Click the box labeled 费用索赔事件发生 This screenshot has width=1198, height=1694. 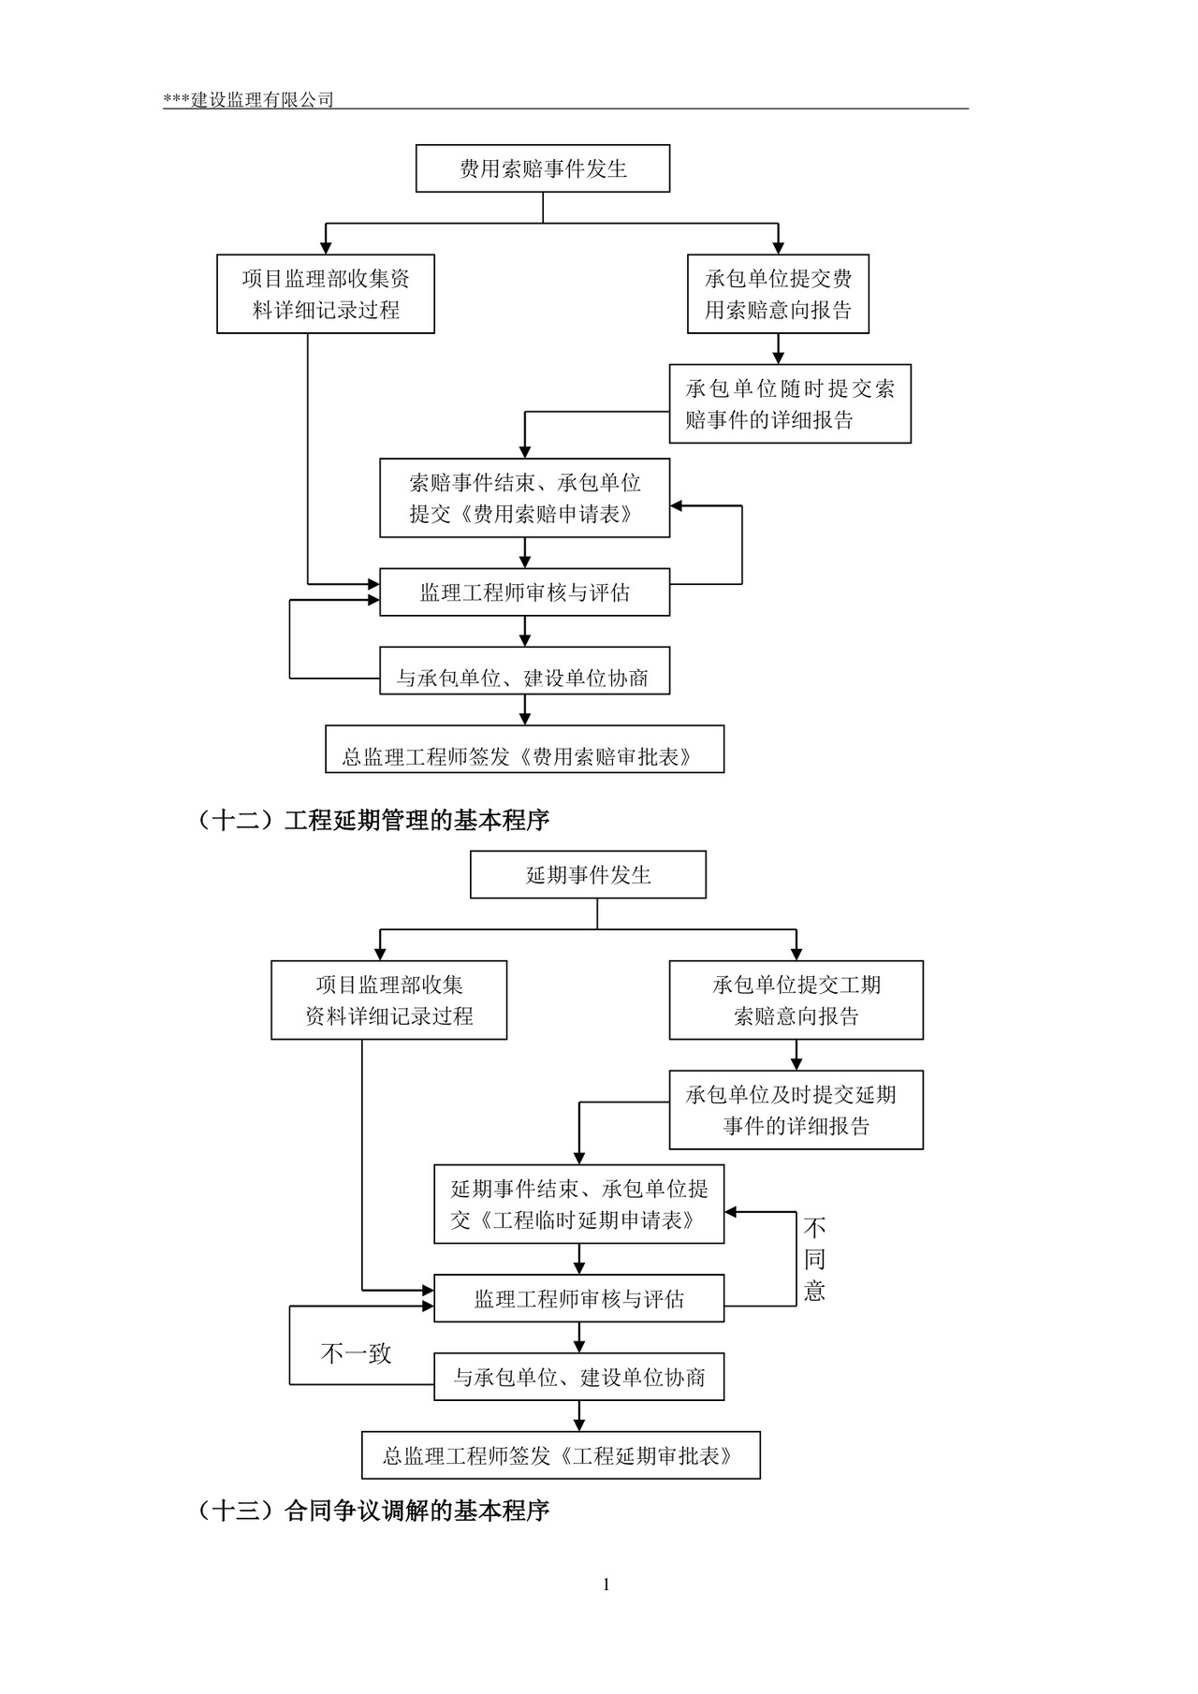543,168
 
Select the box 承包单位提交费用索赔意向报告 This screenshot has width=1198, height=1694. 778,294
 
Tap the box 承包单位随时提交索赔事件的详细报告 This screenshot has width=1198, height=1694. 790,403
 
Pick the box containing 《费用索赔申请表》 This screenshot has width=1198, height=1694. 524,498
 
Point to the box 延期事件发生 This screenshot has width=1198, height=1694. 588,875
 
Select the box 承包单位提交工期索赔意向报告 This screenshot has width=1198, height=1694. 796,1000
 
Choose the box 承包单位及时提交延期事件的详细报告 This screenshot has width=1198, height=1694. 796,1110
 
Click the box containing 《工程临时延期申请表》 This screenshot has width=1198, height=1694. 578,1204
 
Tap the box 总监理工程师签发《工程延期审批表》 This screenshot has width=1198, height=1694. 561,1455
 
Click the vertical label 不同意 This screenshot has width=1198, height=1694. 814,1259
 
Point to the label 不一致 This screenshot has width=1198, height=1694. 356,1353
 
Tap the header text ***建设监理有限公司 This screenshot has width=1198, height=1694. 248,100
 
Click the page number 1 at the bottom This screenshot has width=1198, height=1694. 606,1584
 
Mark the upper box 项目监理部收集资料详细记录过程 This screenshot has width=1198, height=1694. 326,294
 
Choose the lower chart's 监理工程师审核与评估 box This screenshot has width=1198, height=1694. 578,1299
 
